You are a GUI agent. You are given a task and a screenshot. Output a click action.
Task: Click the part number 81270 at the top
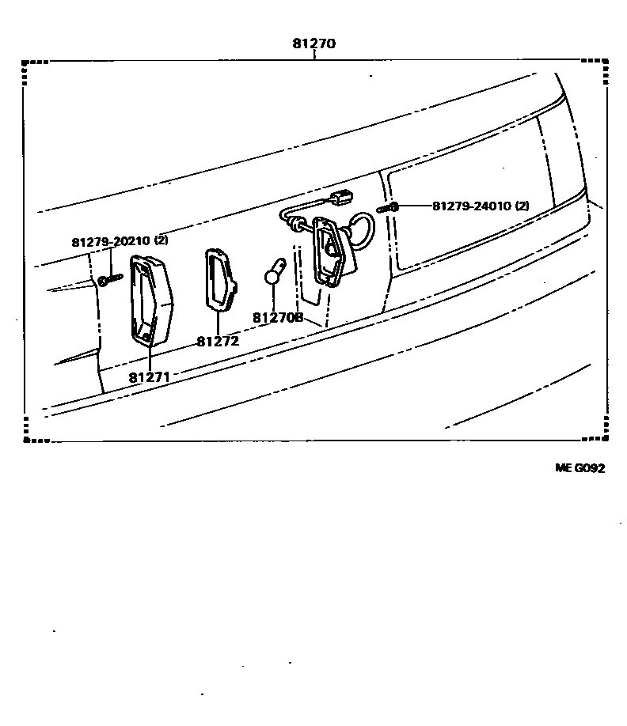coord(313,44)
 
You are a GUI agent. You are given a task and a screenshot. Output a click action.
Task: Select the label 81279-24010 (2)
coord(481,206)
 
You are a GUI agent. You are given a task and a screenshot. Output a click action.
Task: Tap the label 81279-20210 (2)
coord(120,240)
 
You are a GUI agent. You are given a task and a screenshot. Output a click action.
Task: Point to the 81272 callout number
coord(217,342)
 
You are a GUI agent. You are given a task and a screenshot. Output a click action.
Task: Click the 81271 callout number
coord(150,377)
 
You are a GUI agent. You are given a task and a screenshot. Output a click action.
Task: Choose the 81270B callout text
coord(278,317)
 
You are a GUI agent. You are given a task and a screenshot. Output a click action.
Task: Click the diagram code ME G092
coord(579,468)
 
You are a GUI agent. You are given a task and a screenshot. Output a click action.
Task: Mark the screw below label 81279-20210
coord(108,279)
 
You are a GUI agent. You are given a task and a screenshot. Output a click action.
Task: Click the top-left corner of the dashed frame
coord(26,61)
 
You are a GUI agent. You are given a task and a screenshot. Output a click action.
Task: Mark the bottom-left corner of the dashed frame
coord(26,438)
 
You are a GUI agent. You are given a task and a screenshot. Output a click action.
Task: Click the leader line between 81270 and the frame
coord(313,55)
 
